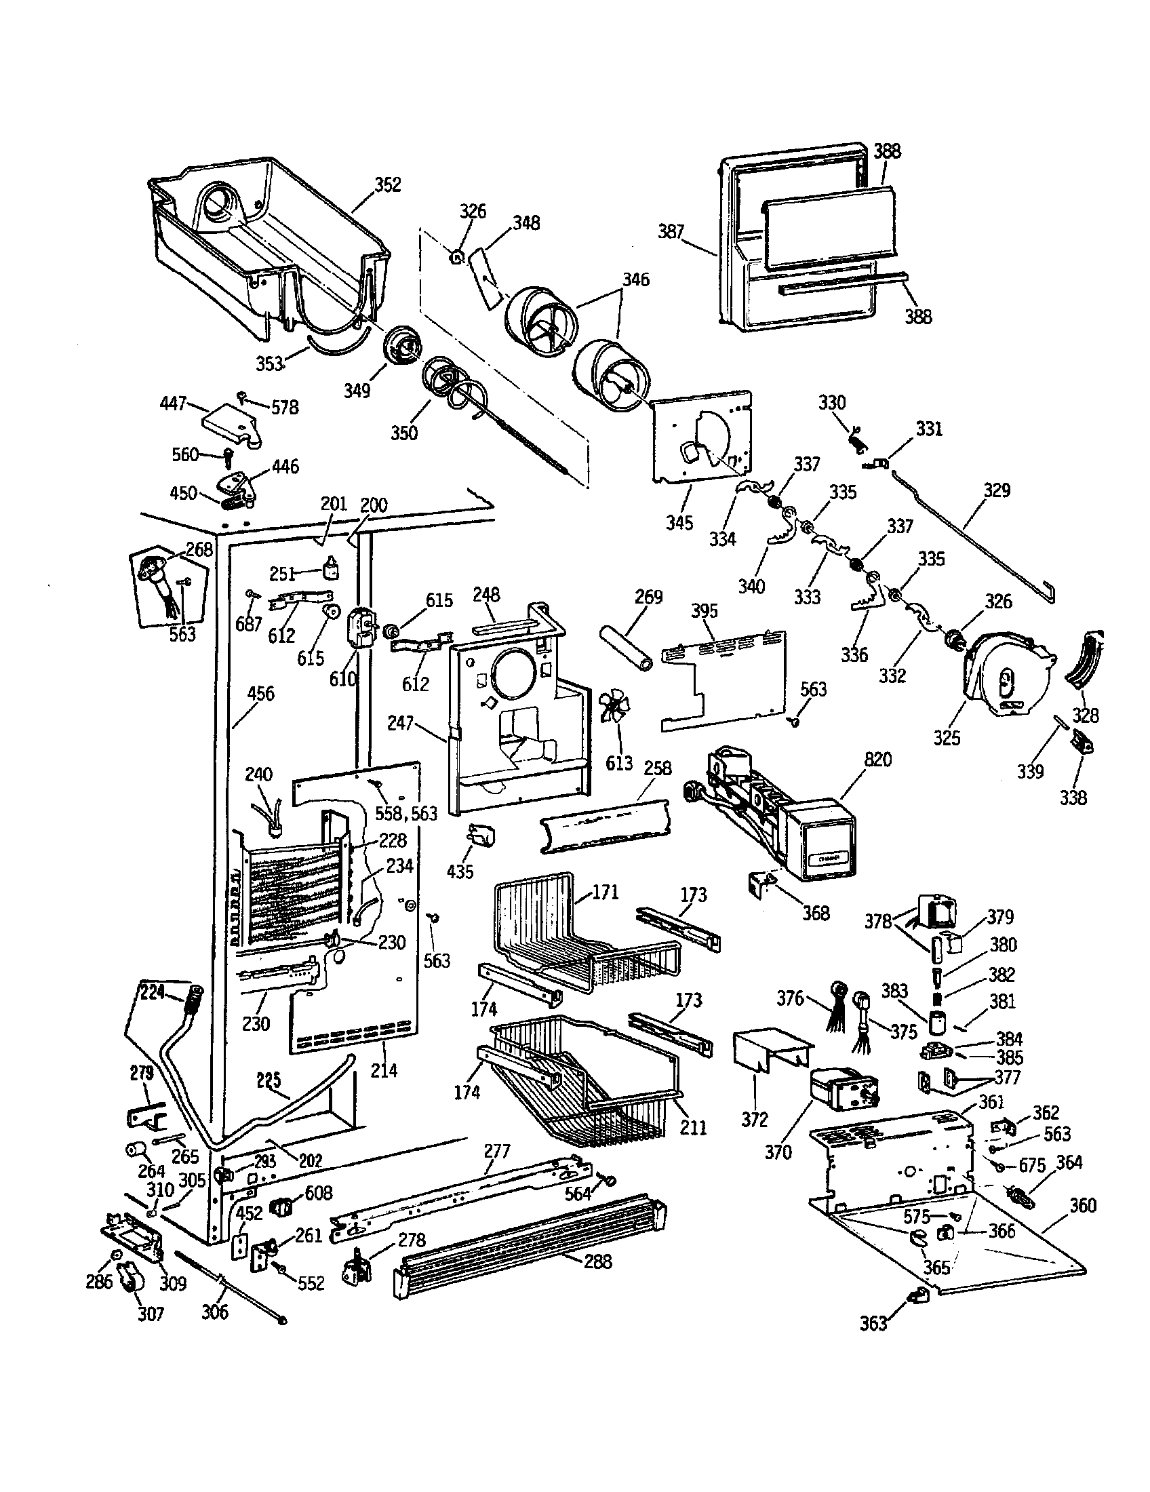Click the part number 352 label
[387, 184]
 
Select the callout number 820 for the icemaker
[877, 760]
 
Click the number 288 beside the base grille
[597, 1261]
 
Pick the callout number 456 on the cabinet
[260, 693]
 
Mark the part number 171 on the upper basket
[605, 892]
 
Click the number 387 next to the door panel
[671, 231]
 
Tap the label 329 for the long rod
[996, 490]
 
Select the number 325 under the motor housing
[947, 738]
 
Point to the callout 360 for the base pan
[1082, 1205]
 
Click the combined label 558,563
[405, 813]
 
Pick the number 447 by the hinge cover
[173, 404]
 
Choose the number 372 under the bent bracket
[755, 1119]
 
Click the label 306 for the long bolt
[214, 1312]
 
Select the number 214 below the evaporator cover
[383, 1069]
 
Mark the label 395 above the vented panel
[704, 611]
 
